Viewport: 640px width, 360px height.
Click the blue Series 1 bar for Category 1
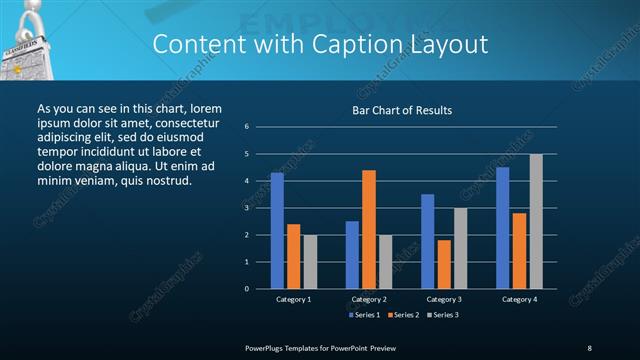coord(277,230)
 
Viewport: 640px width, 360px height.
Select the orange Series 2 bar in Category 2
coord(368,229)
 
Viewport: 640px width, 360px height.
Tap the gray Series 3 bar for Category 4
coord(536,221)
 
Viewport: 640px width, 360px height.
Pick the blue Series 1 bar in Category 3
coord(428,241)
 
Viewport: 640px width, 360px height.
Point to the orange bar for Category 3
coord(444,264)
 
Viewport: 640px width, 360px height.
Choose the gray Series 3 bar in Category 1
coord(309,261)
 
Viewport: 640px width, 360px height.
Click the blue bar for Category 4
coord(503,227)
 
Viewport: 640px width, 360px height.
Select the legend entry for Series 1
coord(364,315)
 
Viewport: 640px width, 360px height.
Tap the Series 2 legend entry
coord(402,315)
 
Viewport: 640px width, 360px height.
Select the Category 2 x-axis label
coord(368,299)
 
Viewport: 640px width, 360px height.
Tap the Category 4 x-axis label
coord(519,299)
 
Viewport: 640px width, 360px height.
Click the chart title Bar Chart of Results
coord(402,110)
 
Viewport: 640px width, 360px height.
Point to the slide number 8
coord(589,347)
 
